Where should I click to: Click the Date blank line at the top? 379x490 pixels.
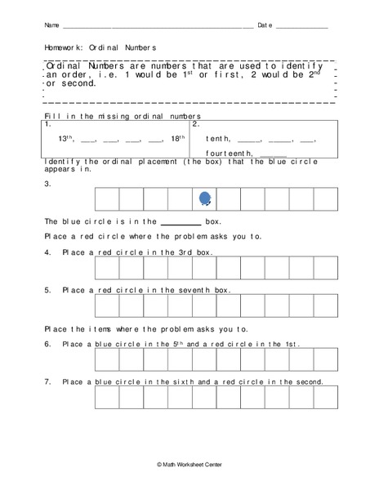301,28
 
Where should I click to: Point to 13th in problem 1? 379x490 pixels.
68,139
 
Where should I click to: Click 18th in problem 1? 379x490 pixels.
177,139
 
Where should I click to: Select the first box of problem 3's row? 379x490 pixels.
108,199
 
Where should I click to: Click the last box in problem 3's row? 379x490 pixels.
325,199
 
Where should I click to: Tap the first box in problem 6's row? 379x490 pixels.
108,359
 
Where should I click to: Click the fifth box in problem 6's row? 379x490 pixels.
205,359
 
